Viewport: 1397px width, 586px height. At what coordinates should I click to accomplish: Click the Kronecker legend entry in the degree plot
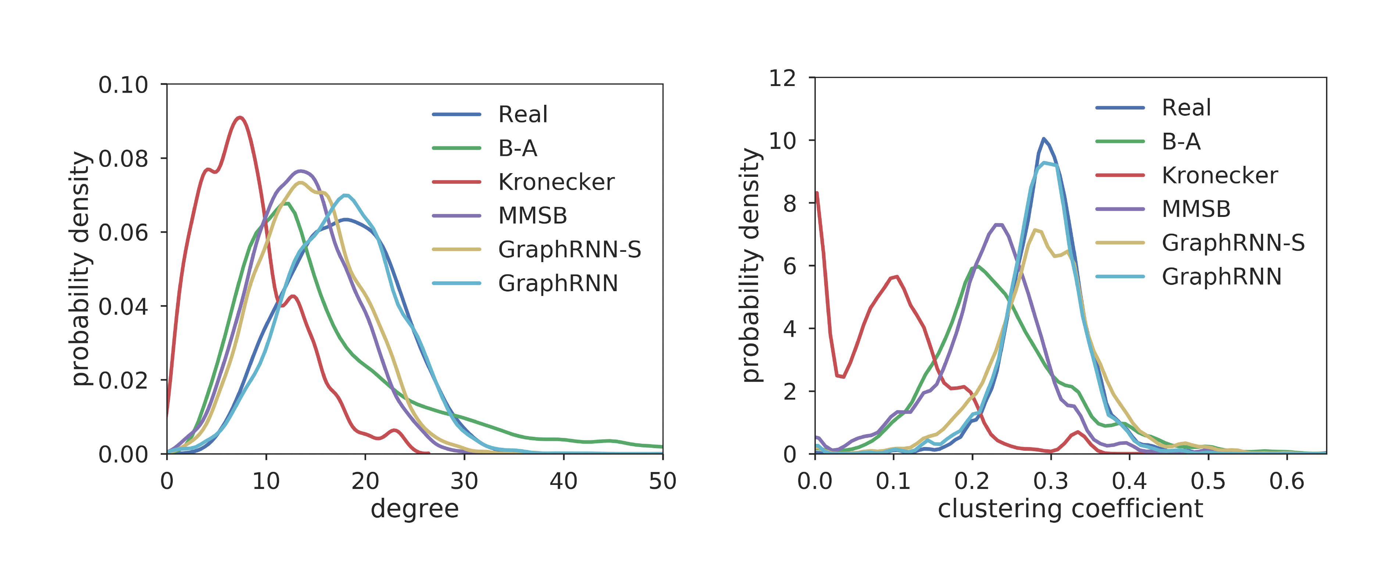[x=556, y=182]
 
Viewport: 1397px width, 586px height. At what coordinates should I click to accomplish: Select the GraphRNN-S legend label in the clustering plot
[x=1233, y=243]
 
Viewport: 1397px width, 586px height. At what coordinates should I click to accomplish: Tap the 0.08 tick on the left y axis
[x=123, y=159]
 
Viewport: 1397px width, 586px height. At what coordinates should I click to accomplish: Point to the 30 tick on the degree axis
[x=464, y=481]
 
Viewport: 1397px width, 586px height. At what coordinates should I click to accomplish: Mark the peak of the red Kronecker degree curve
[x=240, y=117]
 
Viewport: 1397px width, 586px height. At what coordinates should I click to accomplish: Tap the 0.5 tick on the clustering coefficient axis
[x=1208, y=481]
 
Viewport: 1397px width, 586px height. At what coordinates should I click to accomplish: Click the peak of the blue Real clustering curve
[x=1043, y=139]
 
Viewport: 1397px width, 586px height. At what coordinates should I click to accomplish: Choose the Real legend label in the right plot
[x=1186, y=108]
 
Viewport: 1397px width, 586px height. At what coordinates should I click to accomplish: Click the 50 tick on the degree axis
[x=662, y=481]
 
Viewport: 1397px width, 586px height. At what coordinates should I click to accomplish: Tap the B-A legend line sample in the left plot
[x=457, y=148]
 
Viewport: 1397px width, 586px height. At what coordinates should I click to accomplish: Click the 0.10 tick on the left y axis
[x=123, y=85]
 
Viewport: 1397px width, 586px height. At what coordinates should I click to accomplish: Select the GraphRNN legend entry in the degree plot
[x=557, y=283]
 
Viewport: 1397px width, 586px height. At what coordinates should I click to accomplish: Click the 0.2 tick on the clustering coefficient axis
[x=972, y=481]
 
